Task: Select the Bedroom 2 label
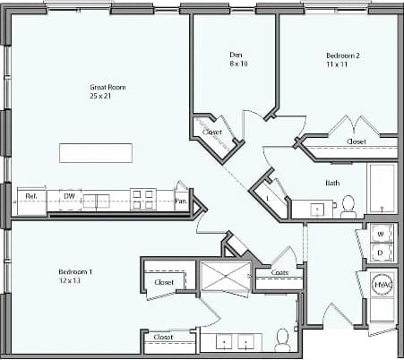342,60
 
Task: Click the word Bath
331,183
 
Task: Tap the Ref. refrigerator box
30,195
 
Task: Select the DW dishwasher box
70,195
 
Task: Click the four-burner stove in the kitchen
142,199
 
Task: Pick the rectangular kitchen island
96,152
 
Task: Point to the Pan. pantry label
181,201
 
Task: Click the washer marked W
379,235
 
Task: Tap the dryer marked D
379,253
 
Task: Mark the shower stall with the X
223,278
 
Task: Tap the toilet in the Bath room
348,207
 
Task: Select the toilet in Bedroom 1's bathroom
282,339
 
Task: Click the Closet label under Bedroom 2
356,141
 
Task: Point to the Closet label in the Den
212,133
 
